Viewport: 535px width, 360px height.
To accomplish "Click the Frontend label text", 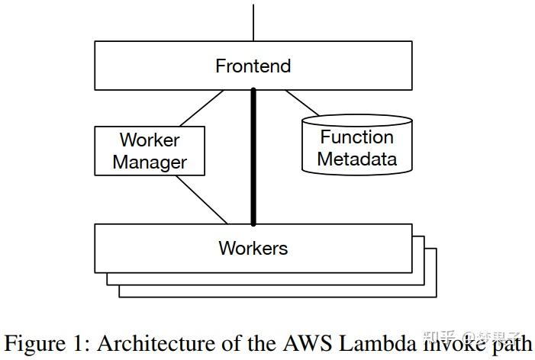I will (x=253, y=66).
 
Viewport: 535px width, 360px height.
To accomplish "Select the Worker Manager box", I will (x=150, y=151).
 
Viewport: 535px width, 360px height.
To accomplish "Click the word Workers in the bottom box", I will (x=253, y=248).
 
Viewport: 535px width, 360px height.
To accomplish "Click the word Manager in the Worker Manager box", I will (x=150, y=162).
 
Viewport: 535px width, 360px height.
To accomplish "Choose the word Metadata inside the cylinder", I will (x=357, y=159).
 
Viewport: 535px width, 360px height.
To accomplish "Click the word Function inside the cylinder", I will (x=357, y=137).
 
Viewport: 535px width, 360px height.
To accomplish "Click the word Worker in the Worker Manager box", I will (x=150, y=140).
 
